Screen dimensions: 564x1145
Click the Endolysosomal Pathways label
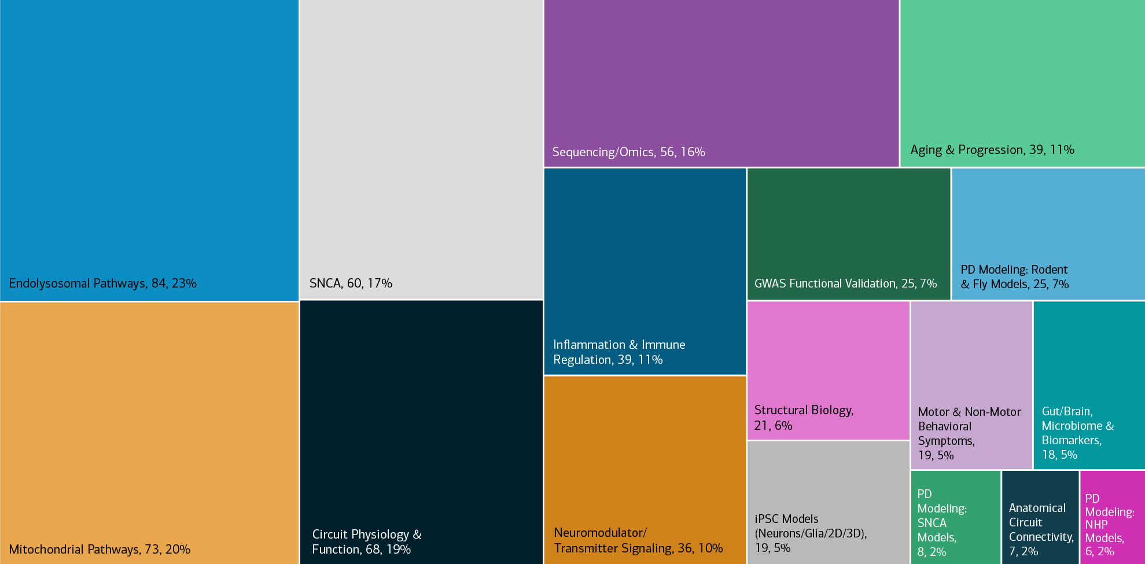click(x=103, y=283)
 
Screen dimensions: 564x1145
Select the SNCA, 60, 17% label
click(x=351, y=283)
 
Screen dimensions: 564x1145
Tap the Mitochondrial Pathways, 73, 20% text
click(x=100, y=550)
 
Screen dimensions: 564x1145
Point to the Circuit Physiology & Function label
click(x=367, y=542)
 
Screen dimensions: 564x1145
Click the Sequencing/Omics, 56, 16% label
click(x=628, y=152)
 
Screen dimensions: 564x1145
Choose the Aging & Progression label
click(x=992, y=150)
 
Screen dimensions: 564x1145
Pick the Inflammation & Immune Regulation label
click(x=618, y=352)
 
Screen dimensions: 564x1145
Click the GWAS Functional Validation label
click(x=845, y=283)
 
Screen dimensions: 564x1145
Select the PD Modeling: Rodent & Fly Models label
click(x=1014, y=277)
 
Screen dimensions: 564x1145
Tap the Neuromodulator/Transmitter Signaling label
click(x=638, y=540)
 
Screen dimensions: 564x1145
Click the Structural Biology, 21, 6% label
click(x=804, y=418)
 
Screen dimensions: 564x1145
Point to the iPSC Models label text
click(x=811, y=533)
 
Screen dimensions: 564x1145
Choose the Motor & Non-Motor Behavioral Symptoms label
click(x=969, y=433)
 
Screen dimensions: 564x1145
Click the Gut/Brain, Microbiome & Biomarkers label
click(x=1077, y=433)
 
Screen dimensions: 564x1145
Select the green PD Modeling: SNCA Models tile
click(x=955, y=517)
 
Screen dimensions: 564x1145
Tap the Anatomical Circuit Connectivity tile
click(x=1040, y=517)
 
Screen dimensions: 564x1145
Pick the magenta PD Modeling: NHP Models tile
click(x=1112, y=517)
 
